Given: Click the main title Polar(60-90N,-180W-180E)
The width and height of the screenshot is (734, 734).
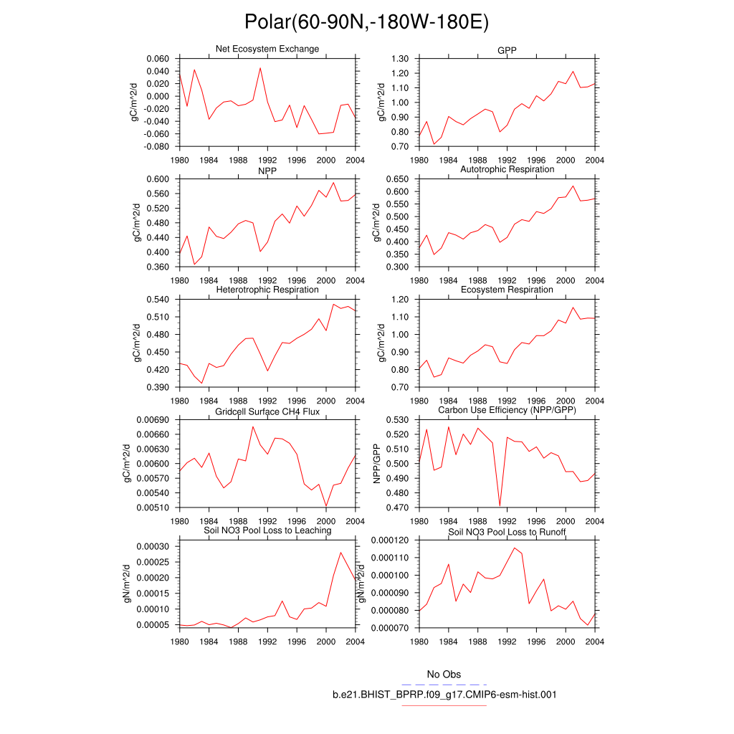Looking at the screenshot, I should coord(366,22).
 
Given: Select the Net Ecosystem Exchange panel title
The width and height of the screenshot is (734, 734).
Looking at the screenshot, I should coord(267,49).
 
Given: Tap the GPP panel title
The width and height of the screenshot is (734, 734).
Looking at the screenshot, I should coord(507,51).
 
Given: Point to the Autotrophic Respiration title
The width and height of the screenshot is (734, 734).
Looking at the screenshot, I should coord(507,169).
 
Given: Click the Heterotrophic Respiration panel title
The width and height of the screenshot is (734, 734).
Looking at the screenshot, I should coord(267,290).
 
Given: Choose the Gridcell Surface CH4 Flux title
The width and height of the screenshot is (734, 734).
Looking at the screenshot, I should coord(267,411).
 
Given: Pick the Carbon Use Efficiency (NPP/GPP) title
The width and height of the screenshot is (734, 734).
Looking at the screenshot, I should coord(507,410).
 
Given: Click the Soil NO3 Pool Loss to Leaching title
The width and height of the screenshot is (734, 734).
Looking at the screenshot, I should coord(267,530).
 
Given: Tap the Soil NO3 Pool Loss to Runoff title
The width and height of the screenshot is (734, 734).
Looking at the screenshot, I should coord(507,533).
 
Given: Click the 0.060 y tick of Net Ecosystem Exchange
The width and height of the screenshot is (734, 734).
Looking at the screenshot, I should coord(157,59).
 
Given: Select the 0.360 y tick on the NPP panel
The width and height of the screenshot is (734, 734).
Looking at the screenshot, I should coord(157,267).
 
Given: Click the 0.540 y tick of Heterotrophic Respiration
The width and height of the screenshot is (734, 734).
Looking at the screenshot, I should coord(157,300).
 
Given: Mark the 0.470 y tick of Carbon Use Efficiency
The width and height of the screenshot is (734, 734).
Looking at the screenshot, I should coord(397,508).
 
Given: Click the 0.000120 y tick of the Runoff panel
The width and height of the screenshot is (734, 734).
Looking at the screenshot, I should coord(389,540).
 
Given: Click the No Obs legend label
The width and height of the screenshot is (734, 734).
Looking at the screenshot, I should coord(444,675).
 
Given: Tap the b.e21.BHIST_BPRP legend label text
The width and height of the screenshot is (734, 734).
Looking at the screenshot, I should coord(444,695).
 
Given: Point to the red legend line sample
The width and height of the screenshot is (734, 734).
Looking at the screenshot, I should coord(444,705).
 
